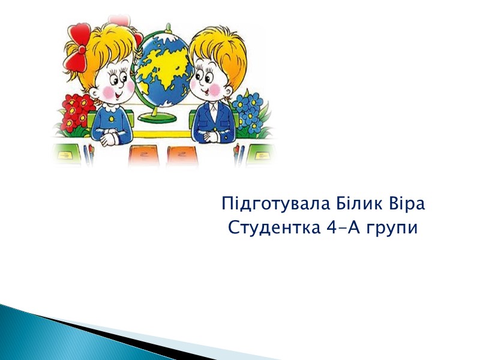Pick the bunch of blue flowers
249,111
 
